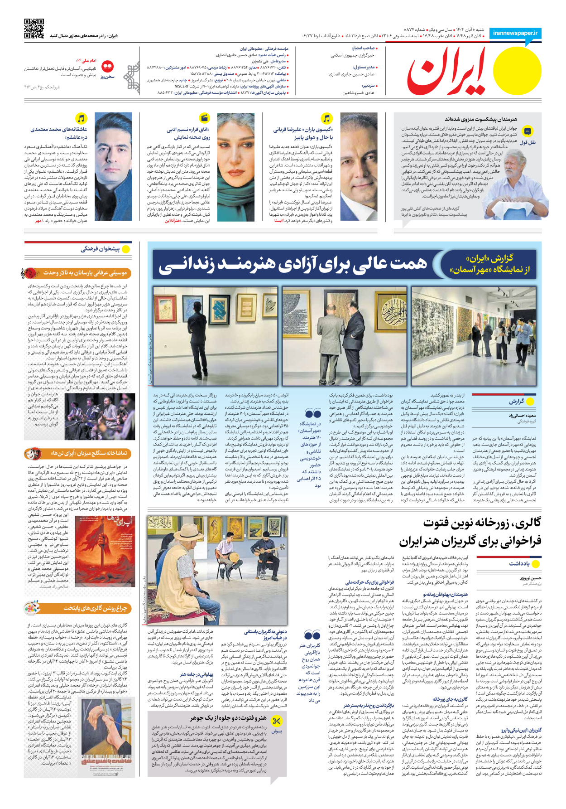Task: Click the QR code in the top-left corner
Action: [x=34, y=29]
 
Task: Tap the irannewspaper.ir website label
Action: [x=515, y=33]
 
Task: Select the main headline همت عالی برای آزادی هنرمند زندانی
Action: [x=293, y=265]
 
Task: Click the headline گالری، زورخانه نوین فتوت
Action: [x=482, y=523]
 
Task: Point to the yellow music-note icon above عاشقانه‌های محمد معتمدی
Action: [x=81, y=119]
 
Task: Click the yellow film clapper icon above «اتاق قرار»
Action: [x=204, y=119]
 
